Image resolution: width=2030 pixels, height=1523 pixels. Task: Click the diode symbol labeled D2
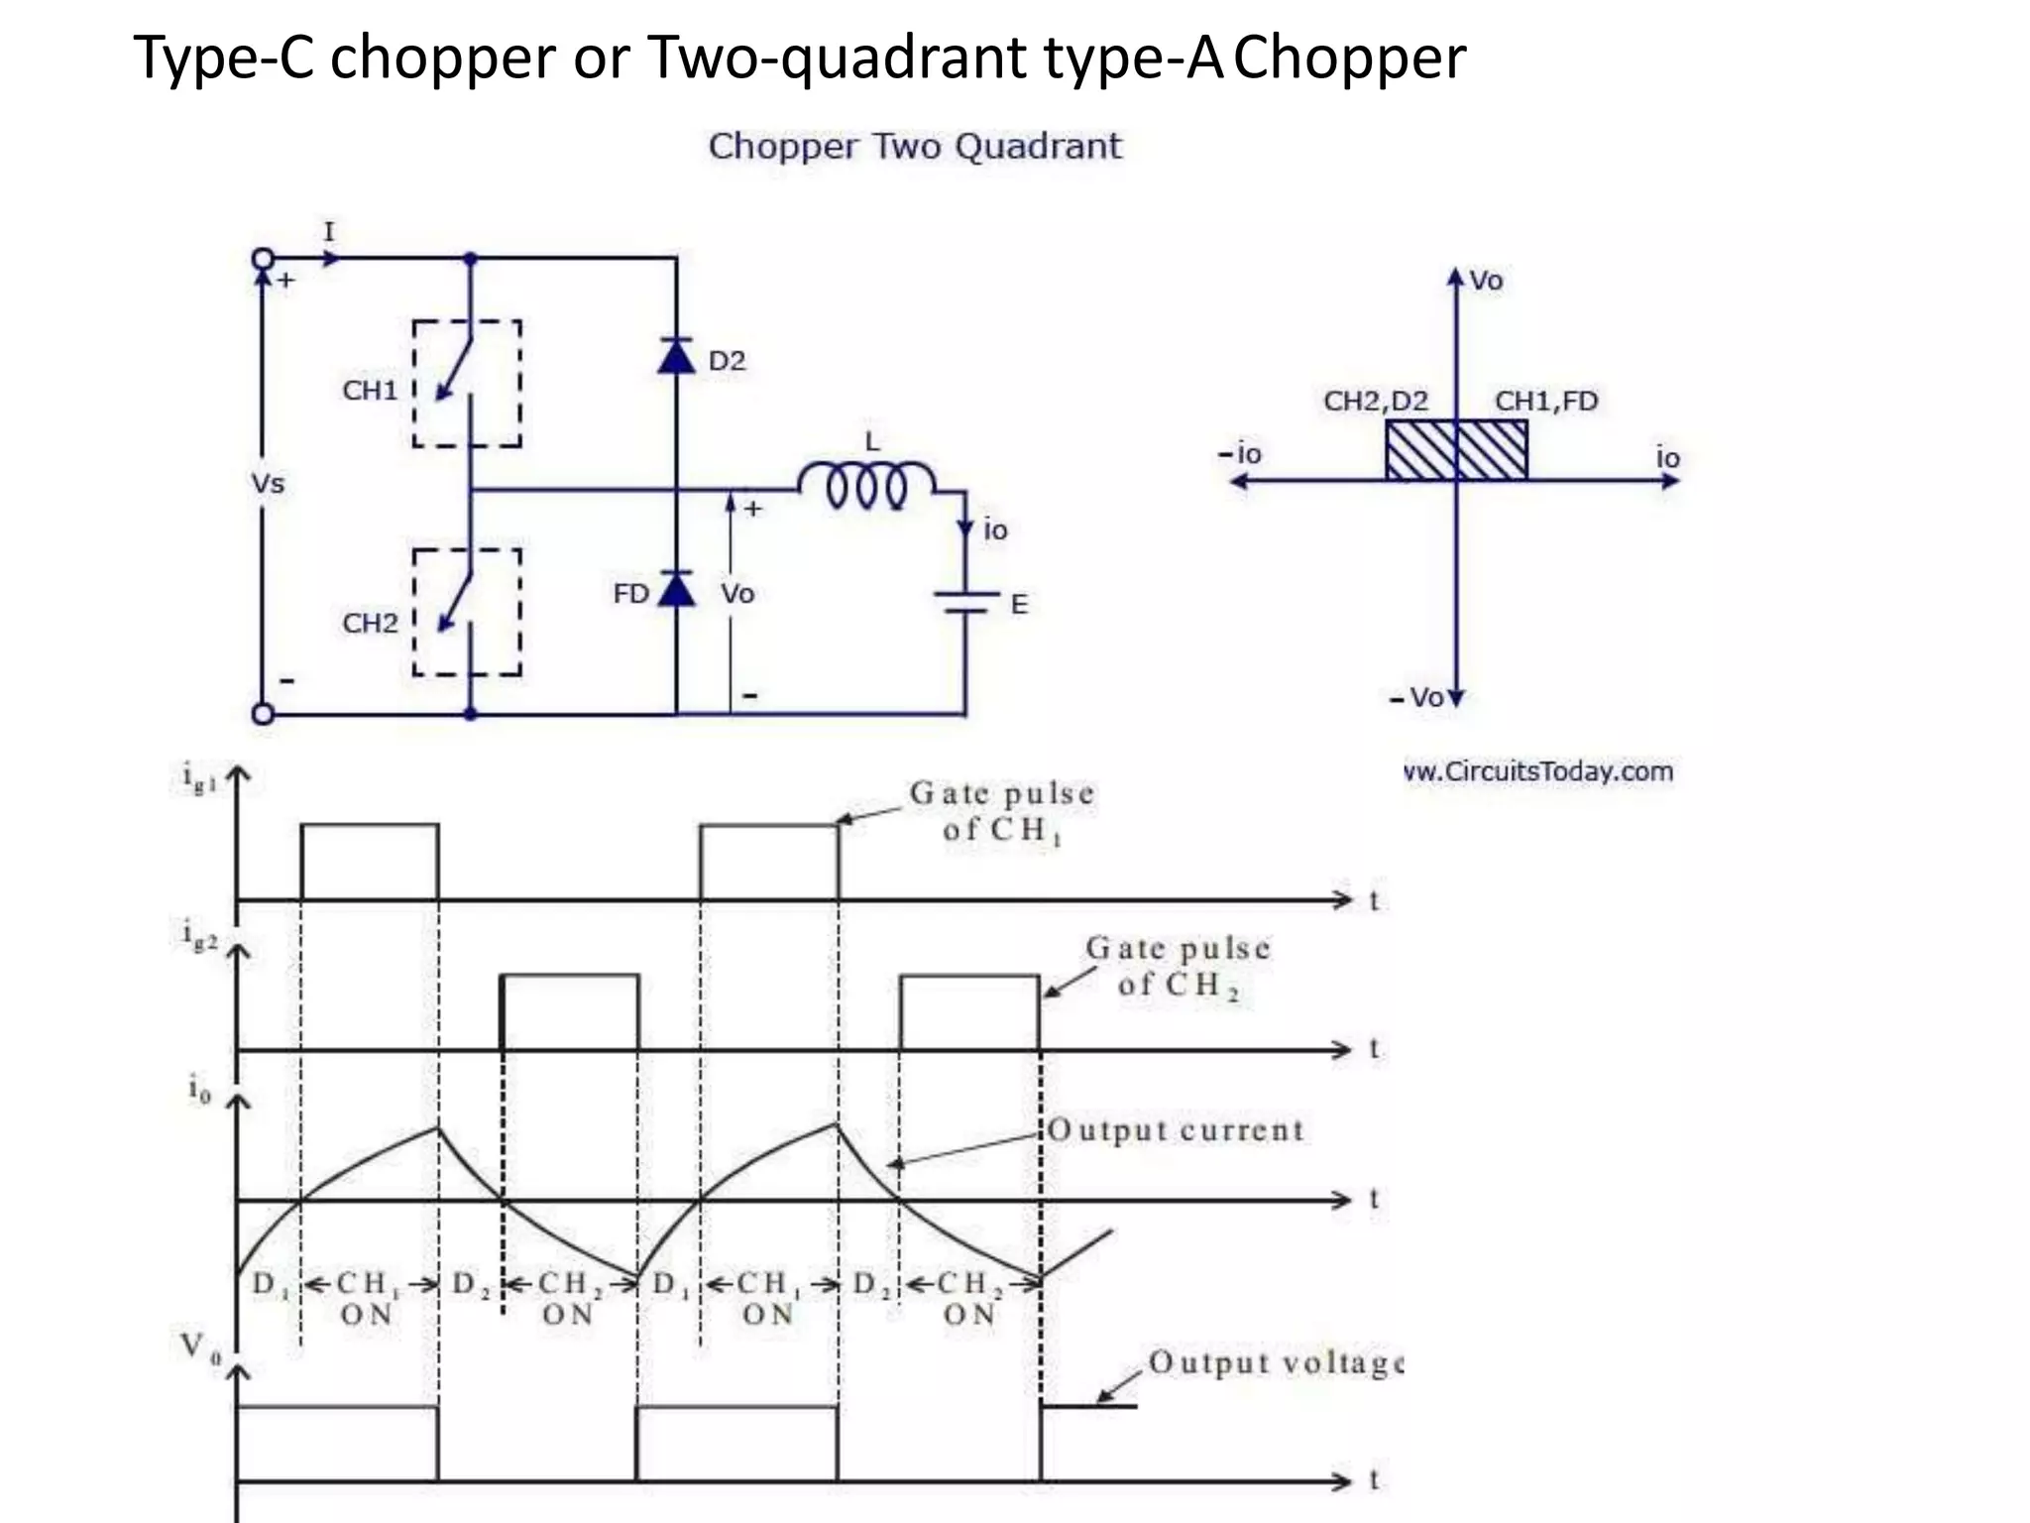[x=676, y=355]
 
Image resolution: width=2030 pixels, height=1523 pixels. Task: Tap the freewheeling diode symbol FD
[x=676, y=589]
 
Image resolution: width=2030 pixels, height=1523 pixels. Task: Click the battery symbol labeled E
[x=965, y=602]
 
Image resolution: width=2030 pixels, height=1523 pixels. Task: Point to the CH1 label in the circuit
[x=370, y=391]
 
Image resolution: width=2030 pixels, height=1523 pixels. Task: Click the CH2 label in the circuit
[x=370, y=624]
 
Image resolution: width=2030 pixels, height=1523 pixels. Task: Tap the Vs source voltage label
[x=268, y=484]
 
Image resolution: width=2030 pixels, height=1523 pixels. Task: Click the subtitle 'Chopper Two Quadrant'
[x=915, y=147]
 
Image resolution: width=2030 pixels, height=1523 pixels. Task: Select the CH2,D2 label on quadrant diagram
[x=1376, y=401]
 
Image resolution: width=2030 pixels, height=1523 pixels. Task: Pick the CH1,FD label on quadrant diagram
[x=1546, y=401]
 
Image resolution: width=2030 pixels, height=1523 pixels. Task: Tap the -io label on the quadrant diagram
[x=1240, y=454]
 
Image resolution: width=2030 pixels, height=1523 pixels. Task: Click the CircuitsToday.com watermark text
[x=1539, y=771]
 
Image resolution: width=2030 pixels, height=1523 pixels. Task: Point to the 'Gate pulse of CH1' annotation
[x=1002, y=811]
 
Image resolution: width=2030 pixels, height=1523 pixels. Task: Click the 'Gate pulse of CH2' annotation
[x=1178, y=966]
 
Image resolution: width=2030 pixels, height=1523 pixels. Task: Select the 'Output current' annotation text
[x=1176, y=1130]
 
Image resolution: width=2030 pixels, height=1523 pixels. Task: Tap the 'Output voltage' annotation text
[x=1275, y=1362]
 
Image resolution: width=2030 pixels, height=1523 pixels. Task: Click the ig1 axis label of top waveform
[x=199, y=778]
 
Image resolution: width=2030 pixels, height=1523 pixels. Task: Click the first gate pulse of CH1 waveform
[x=370, y=861]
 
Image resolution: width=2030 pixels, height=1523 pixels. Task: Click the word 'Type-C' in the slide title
[x=224, y=58]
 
